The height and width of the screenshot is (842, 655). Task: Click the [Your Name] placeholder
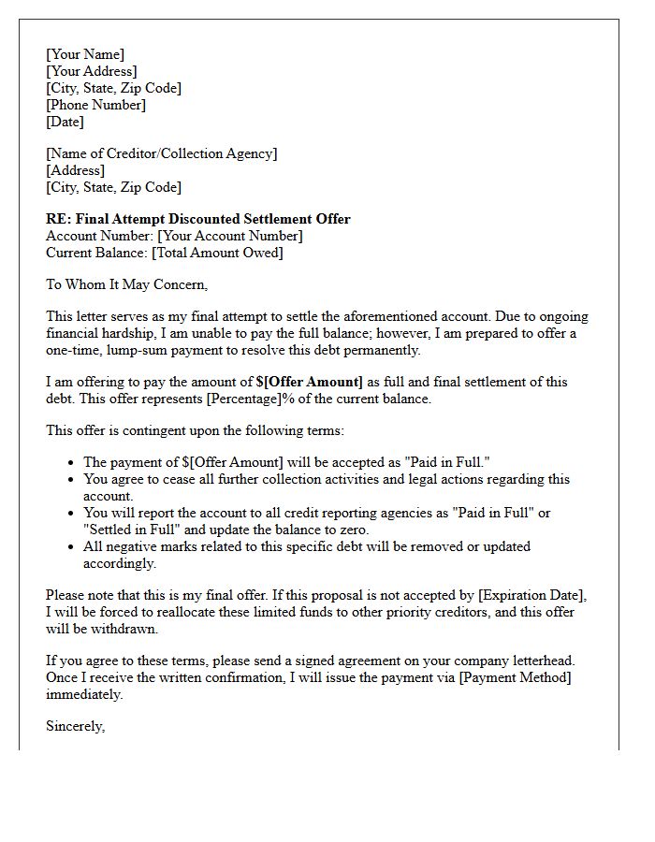point(84,54)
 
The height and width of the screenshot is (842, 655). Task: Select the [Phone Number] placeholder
point(95,105)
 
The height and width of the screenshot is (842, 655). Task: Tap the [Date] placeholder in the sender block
point(65,122)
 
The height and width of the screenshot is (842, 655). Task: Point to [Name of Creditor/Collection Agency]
point(161,153)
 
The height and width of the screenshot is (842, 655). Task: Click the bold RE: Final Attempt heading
point(197,219)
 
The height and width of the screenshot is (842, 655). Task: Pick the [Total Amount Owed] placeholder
point(217,253)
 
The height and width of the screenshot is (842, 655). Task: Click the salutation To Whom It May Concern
point(126,284)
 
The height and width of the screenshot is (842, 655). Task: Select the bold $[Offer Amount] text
point(309,382)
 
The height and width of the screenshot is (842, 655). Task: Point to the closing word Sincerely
point(75,726)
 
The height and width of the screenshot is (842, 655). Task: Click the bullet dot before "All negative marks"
point(72,546)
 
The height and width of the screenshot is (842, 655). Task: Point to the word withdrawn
point(112,629)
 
